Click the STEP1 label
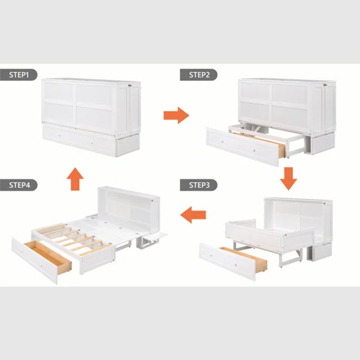[19, 75]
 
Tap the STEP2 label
[199, 75]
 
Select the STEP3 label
[199, 185]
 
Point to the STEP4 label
[19, 185]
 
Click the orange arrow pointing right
[176, 115]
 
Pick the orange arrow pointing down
[289, 179]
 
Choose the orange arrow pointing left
[193, 215]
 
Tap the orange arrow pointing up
[76, 179]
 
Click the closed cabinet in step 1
[91, 118]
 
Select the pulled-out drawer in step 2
[245, 146]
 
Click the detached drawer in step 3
[233, 261]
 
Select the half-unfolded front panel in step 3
[269, 237]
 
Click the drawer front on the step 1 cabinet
[79, 139]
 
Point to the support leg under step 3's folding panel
[290, 259]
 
